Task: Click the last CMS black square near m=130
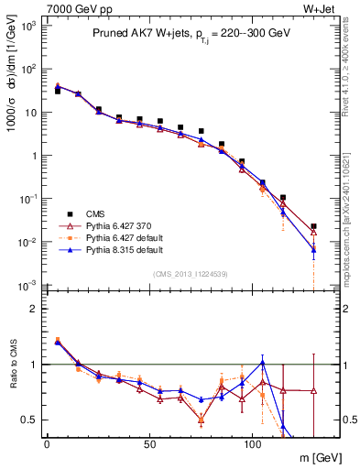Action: click(313, 226)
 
